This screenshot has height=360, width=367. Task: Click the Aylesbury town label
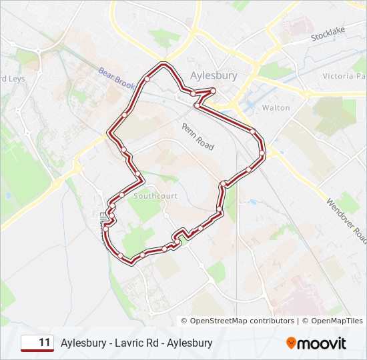213,76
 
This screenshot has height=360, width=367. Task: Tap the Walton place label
276,107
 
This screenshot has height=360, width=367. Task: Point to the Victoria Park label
344,76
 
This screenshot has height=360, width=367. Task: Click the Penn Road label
198,135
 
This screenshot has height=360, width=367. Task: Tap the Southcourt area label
155,196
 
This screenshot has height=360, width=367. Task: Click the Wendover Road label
346,220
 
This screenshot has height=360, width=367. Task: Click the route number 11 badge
37,343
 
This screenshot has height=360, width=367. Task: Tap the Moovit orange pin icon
291,343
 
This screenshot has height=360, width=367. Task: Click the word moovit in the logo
322,343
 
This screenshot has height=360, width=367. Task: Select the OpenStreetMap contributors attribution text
242,321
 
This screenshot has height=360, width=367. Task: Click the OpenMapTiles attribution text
332,321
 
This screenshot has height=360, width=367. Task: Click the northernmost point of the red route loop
162,65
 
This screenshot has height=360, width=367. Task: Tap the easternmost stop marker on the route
262,154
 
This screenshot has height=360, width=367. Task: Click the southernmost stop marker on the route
121,255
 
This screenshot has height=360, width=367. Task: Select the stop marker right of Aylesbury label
213,91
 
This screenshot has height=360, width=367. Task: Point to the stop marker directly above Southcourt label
137,175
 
